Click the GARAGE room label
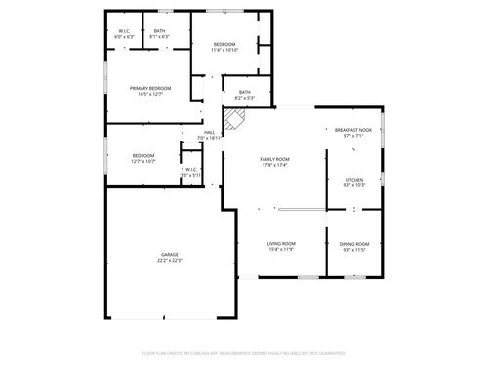170,254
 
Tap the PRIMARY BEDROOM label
150,88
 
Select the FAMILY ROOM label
274,158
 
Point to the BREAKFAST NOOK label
353,130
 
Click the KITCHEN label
353,179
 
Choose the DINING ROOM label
354,243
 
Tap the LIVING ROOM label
281,243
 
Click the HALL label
210,133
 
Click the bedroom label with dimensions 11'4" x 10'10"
225,44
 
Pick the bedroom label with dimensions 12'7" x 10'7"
143,155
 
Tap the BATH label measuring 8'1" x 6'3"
159,31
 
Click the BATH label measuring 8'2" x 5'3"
244,92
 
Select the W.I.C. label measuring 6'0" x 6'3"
125,31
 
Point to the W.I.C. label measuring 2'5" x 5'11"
191,169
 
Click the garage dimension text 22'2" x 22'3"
170,260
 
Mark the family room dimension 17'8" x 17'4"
274,164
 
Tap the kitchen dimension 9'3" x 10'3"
353,184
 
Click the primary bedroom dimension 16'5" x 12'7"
150,94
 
